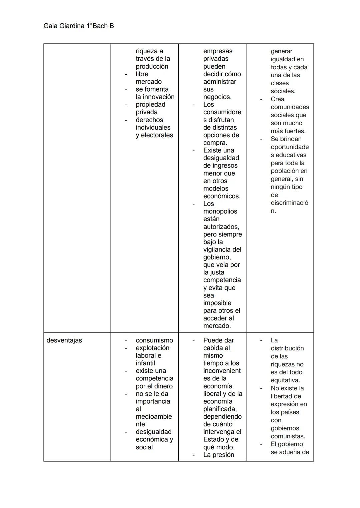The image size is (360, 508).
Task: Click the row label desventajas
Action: [x=64, y=340]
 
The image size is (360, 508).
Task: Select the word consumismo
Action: [x=154, y=340]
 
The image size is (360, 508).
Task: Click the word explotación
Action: [x=152, y=348]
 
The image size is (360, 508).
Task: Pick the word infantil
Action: [x=145, y=363]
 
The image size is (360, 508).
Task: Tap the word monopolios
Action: [x=220, y=212]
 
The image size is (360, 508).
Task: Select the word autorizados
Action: [x=221, y=227]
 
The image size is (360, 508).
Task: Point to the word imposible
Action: [x=217, y=303]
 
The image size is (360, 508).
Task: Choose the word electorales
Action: [x=157, y=135]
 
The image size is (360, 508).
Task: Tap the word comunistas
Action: [x=288, y=436]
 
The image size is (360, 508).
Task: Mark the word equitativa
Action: [x=285, y=380]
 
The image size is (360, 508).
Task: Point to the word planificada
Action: [x=220, y=409]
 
